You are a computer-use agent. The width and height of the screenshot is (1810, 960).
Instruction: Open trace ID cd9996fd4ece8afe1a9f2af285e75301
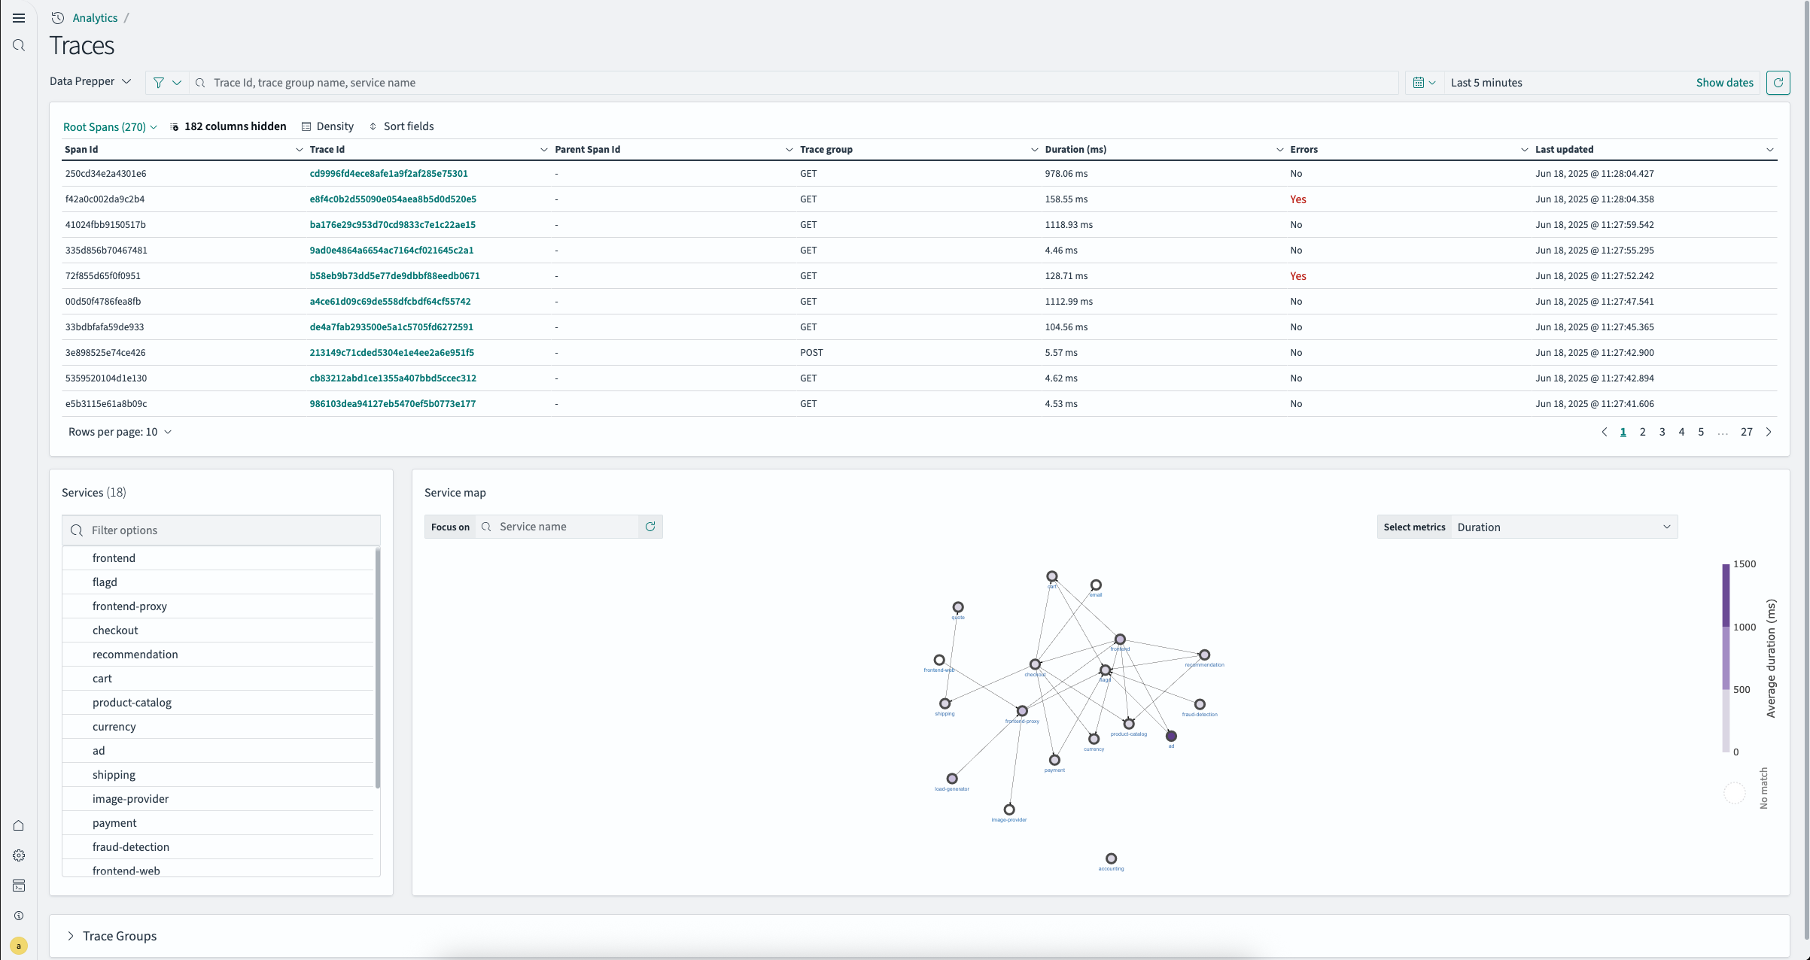click(x=388, y=174)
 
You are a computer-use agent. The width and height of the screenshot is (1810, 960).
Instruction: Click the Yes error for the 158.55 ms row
click(x=1297, y=199)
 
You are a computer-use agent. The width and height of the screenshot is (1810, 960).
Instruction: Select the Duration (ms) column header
click(x=1075, y=150)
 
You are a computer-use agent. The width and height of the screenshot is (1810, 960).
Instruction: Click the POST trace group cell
click(x=811, y=353)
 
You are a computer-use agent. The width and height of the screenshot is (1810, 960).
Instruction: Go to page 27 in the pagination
click(x=1746, y=432)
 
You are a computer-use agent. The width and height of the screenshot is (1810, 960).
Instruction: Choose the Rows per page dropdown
click(x=120, y=432)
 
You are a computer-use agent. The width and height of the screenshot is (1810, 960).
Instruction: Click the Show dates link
click(x=1724, y=83)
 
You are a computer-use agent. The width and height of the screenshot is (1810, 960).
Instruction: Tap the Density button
click(x=327, y=126)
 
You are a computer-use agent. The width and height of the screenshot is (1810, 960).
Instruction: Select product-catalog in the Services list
click(x=132, y=703)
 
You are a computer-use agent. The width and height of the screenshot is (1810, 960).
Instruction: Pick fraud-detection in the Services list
click(x=131, y=847)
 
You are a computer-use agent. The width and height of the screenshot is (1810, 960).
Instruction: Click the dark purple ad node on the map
click(x=1171, y=736)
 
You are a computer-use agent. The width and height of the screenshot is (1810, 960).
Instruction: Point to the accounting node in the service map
click(x=1111, y=858)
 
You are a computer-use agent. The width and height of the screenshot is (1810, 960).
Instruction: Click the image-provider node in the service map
click(x=1009, y=810)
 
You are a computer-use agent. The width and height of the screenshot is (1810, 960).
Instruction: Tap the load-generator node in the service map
click(x=952, y=779)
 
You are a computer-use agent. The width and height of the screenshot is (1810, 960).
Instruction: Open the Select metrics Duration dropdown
click(x=1562, y=527)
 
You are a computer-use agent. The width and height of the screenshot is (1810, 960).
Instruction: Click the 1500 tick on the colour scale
click(x=1744, y=564)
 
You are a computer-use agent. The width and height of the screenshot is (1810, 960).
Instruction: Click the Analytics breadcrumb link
click(x=95, y=18)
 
